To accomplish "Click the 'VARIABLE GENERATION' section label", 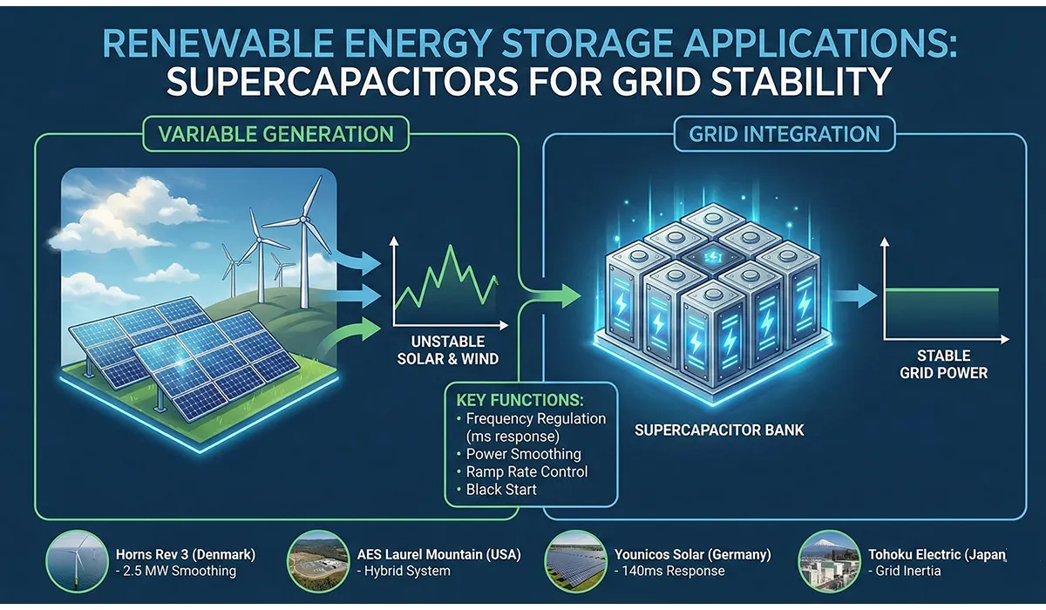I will click(x=275, y=134).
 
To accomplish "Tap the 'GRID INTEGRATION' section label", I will click(x=784, y=134).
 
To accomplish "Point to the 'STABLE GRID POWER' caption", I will click(x=943, y=364).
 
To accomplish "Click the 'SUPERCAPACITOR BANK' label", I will click(x=719, y=430).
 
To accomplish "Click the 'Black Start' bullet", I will click(x=501, y=490).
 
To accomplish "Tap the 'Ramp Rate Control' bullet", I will click(x=526, y=471).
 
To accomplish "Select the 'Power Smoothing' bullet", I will click(x=523, y=454).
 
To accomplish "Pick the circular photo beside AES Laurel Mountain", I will click(x=320, y=562).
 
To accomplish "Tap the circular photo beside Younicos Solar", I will click(x=575, y=562).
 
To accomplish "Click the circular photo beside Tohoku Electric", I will click(x=829, y=562).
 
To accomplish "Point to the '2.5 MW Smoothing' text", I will click(x=179, y=572).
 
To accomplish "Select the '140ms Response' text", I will click(x=669, y=572).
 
